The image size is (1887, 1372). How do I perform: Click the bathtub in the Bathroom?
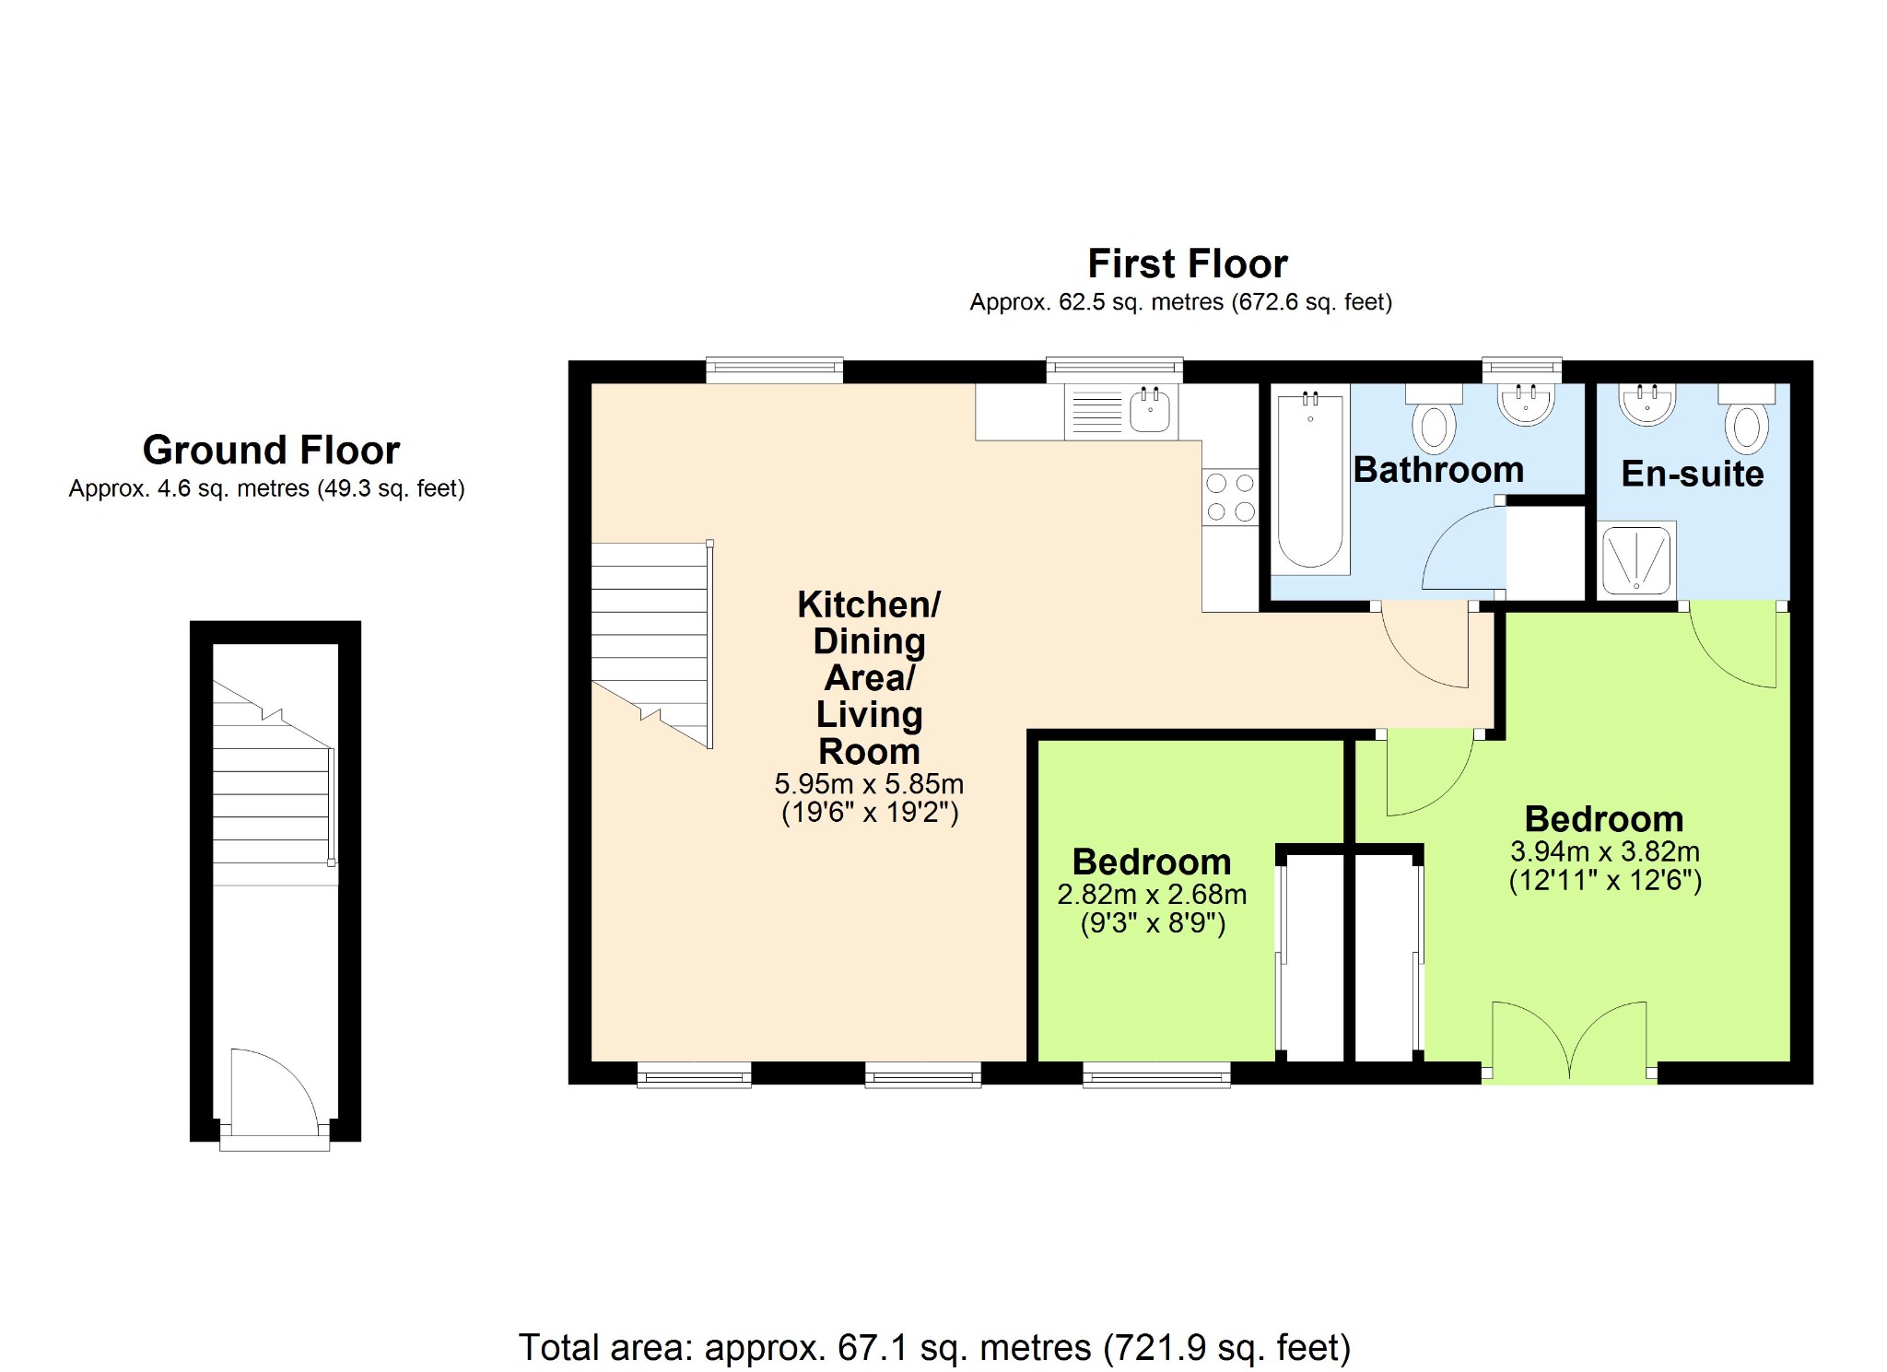click(x=1309, y=479)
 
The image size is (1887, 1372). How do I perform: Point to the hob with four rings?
click(x=1230, y=497)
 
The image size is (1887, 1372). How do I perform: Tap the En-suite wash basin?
click(x=1647, y=405)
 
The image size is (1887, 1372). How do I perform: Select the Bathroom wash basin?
click(x=1526, y=405)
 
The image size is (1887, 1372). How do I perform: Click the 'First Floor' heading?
click(x=1188, y=264)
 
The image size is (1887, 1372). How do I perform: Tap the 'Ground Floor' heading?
click(x=271, y=450)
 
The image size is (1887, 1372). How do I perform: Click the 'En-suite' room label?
click(x=1693, y=474)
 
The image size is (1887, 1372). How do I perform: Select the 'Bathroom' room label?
click(x=1438, y=470)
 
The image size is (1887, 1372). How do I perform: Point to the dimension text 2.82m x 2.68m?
click(x=1152, y=894)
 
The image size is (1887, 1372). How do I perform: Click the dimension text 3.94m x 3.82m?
click(x=1605, y=851)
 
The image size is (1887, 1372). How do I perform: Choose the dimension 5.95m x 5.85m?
click(x=869, y=784)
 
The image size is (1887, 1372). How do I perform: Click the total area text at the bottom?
click(x=934, y=1347)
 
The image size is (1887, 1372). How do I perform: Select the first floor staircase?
click(x=651, y=645)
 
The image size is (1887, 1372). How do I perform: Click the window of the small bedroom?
click(x=1156, y=1074)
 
